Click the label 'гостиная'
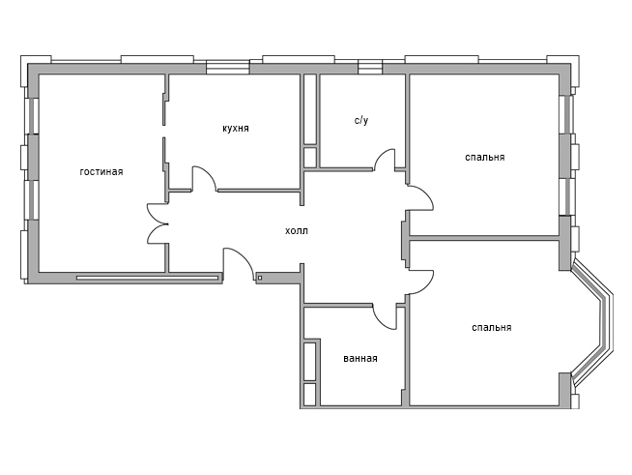(101, 172)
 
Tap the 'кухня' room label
(236, 129)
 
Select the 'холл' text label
(297, 231)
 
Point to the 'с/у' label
(361, 120)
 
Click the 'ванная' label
(360, 358)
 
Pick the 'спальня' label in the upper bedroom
(485, 157)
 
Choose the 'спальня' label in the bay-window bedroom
(491, 327)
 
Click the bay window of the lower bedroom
(592, 323)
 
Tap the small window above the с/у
(370, 67)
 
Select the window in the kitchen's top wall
(228, 67)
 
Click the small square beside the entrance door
(260, 278)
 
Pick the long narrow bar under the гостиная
(147, 278)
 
